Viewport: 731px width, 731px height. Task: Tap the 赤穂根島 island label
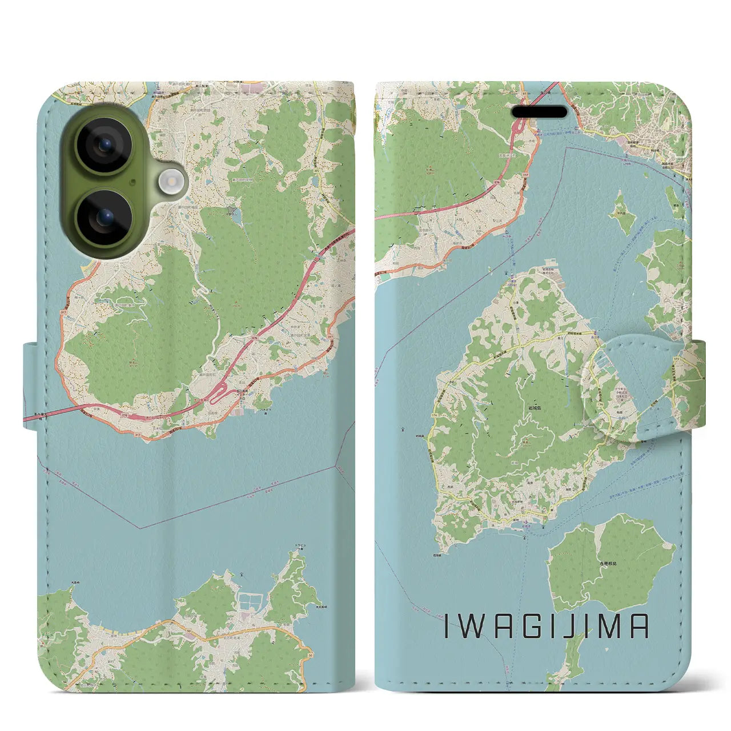click(x=608, y=563)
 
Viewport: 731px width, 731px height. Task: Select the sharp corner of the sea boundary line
click(x=139, y=528)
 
